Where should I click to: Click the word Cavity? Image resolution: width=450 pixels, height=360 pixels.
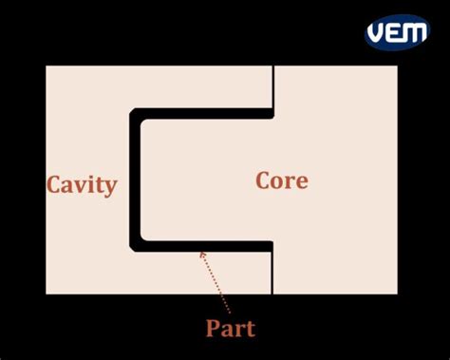tap(82, 184)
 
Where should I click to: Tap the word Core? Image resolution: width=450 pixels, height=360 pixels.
tap(282, 180)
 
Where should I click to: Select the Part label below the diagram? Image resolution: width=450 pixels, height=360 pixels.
tap(231, 329)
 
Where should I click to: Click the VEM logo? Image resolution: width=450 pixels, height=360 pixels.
tap(397, 31)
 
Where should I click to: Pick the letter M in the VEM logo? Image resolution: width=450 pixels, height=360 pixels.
tap(415, 32)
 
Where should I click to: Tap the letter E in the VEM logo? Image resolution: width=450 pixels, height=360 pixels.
tap(395, 32)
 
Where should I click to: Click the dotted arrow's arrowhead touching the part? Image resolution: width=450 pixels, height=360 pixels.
tap(201, 254)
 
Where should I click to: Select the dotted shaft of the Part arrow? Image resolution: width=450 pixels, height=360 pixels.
tap(217, 285)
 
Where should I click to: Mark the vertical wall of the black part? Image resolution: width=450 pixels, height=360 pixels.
tap(135, 180)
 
